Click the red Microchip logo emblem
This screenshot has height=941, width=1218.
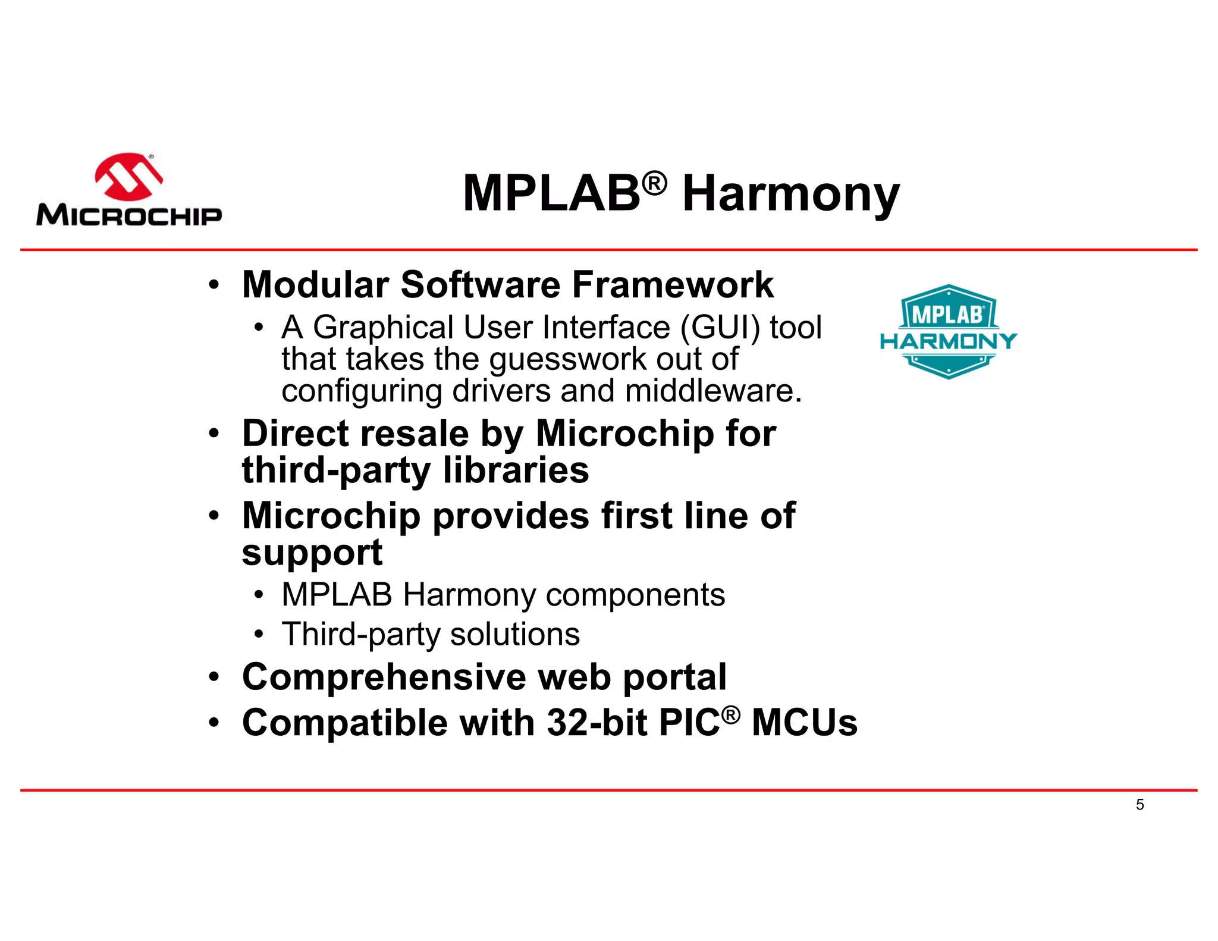(128, 177)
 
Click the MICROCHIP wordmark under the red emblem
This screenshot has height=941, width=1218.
(129, 215)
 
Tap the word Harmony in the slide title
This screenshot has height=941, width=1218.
(790, 194)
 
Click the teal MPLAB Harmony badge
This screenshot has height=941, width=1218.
(948, 332)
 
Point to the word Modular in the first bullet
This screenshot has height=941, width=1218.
(315, 284)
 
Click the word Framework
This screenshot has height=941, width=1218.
(673, 284)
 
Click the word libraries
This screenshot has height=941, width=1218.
(516, 470)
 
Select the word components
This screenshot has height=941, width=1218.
(635, 594)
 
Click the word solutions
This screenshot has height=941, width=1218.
(514, 634)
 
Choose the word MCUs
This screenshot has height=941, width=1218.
(804, 723)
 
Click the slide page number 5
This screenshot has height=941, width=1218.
(1139, 805)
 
